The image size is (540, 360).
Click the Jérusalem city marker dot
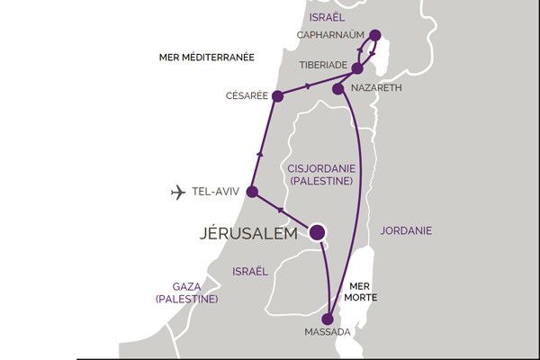[318, 232]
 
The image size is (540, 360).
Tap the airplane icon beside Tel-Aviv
[178, 192]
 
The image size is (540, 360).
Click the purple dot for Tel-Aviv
[252, 192]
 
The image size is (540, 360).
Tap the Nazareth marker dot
[337, 88]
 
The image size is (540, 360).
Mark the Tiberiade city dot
[357, 67]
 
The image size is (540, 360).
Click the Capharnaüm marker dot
[374, 36]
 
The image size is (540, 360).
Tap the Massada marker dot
[328, 318]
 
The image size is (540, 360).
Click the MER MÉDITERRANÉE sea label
[206, 57]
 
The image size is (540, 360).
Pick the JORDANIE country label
[406, 230]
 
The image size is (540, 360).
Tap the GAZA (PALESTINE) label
[186, 291]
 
